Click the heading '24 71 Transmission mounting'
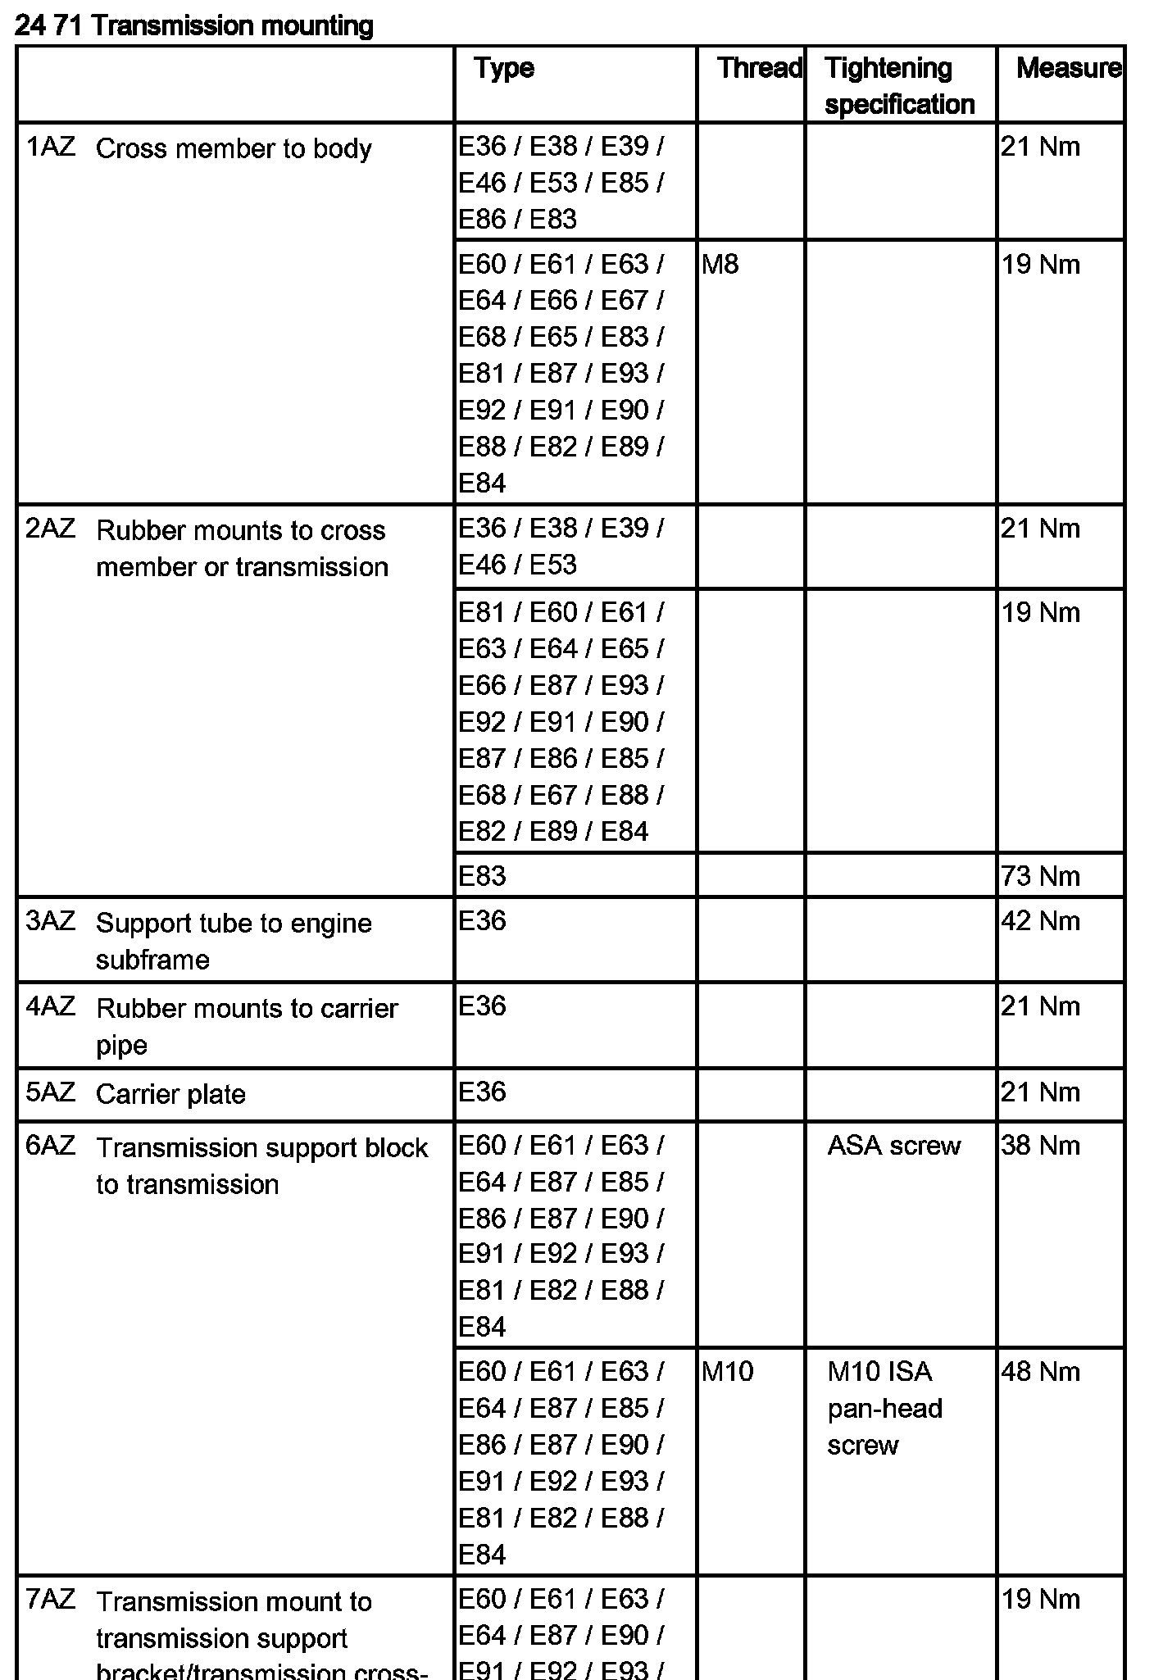tap(194, 26)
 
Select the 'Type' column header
tap(503, 68)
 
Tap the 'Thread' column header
tap(759, 68)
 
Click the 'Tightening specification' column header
tap(899, 86)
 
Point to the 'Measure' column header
tap(1068, 68)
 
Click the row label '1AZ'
tap(50, 148)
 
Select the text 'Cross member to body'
tap(234, 149)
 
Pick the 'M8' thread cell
tap(720, 265)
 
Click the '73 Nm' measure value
tap(1040, 876)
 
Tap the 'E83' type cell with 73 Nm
tap(482, 876)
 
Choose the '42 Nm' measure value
tap(1040, 921)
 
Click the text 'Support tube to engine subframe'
tap(234, 941)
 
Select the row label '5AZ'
tap(50, 1092)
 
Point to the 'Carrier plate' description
tap(170, 1094)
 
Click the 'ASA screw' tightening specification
tap(893, 1145)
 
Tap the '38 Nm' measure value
tap(1040, 1145)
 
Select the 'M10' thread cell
tap(727, 1371)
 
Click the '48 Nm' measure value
tap(1040, 1371)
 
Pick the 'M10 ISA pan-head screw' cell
tap(884, 1408)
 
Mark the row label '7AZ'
tap(50, 1599)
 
